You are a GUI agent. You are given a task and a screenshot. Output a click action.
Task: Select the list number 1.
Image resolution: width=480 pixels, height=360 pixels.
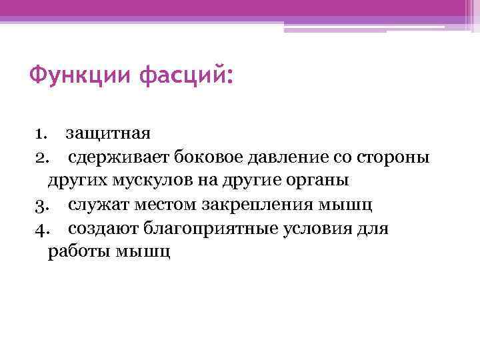pos(40,133)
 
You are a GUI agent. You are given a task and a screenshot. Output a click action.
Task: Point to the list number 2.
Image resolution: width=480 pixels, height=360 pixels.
pos(41,157)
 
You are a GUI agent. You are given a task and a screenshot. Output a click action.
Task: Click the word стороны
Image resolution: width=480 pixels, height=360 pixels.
pos(394,157)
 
